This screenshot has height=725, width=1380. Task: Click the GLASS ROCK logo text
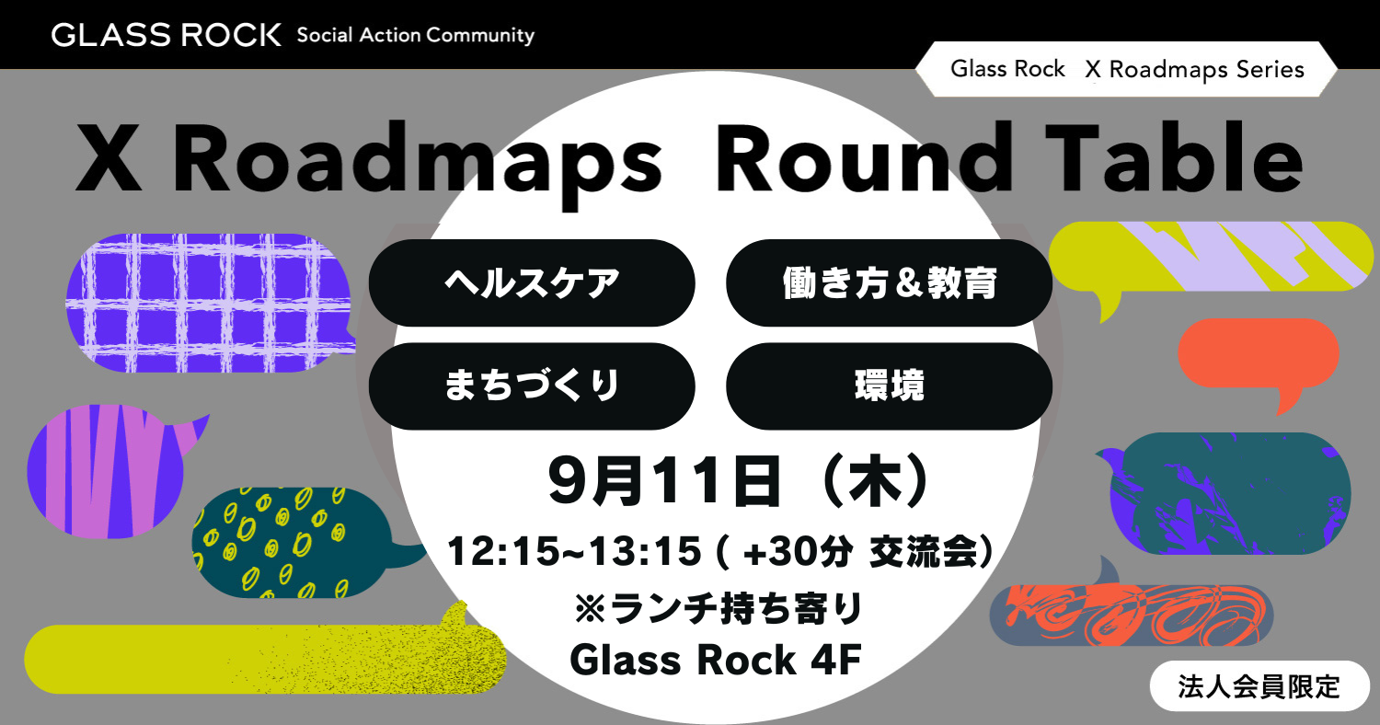coord(166,35)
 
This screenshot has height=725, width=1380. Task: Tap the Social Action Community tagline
coord(416,36)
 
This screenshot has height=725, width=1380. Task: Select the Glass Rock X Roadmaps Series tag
coord(1126,69)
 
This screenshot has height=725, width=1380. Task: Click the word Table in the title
coord(1174,157)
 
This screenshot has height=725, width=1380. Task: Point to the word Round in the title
coord(864,157)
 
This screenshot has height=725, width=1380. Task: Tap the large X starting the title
coord(108,157)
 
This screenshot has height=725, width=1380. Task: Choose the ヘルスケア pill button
coord(532,282)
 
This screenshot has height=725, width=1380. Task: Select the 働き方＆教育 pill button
coord(889,282)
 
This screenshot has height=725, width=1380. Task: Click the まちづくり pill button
coord(532,386)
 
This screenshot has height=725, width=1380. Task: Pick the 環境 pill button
coord(889,386)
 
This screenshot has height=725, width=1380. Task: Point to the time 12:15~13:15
coord(574,551)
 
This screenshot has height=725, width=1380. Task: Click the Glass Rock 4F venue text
coord(715,660)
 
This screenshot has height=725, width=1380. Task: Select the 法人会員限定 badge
coord(1259,686)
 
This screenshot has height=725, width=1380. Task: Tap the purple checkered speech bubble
coord(210,303)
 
